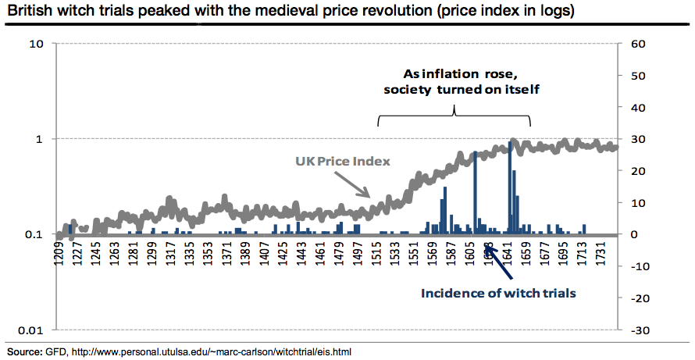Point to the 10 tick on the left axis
pos(35,44)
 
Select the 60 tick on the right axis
pos(636,44)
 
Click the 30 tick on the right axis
pos(636,139)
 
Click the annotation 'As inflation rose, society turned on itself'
pos(453,82)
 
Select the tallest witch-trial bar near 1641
pos(510,187)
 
